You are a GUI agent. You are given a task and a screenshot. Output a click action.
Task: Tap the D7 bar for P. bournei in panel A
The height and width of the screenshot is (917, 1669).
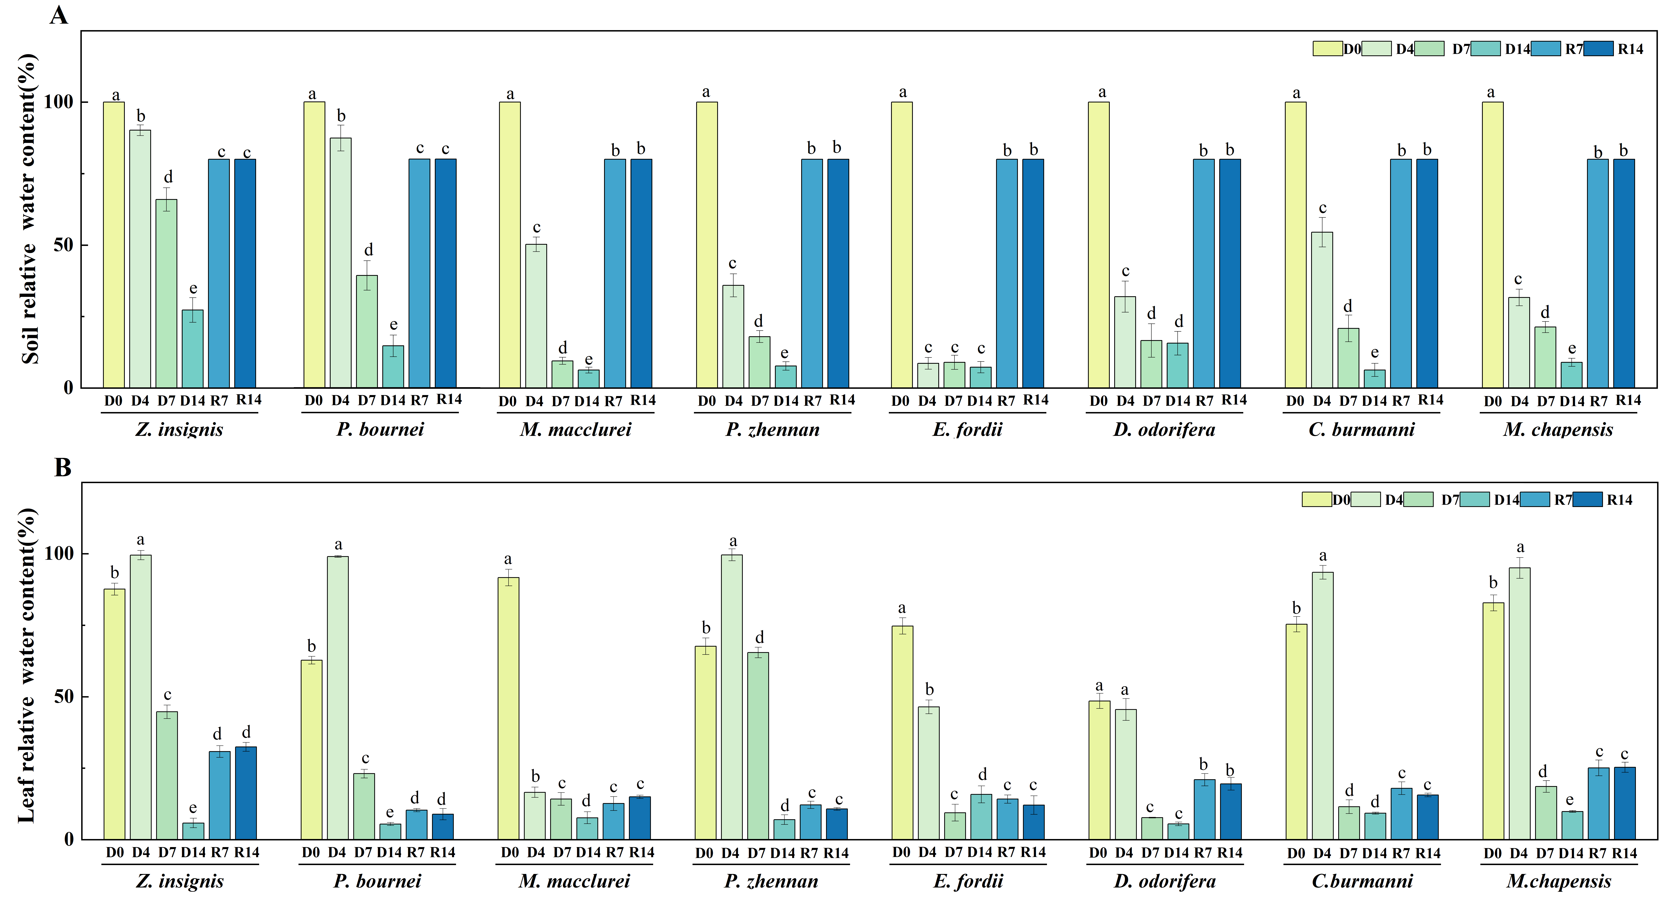[x=367, y=331]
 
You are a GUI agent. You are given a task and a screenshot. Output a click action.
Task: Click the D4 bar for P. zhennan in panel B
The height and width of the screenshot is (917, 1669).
[x=732, y=697]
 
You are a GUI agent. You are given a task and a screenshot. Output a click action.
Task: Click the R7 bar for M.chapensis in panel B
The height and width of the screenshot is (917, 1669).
[x=1598, y=804]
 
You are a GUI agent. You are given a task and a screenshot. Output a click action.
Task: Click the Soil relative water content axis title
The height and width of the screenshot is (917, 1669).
[x=29, y=209]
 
